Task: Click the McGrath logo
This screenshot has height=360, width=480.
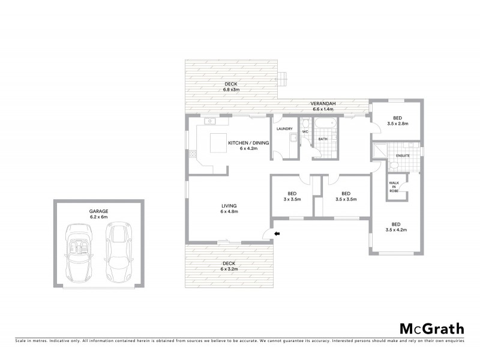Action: (x=431, y=328)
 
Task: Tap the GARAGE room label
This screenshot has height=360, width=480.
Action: (x=100, y=211)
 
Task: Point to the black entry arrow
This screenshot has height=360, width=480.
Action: (x=277, y=233)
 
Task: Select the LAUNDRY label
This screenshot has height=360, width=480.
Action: (x=284, y=129)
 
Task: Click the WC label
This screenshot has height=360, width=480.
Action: (x=305, y=131)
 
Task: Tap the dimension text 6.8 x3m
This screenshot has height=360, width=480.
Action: (x=232, y=89)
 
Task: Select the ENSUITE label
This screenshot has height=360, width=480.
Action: (x=403, y=157)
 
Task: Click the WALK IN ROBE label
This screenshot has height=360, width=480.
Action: (x=394, y=187)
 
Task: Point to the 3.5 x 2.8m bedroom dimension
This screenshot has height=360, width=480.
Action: (x=397, y=124)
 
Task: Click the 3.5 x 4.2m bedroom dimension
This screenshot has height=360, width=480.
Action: (x=396, y=230)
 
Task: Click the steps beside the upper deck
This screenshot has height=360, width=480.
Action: (x=286, y=78)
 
